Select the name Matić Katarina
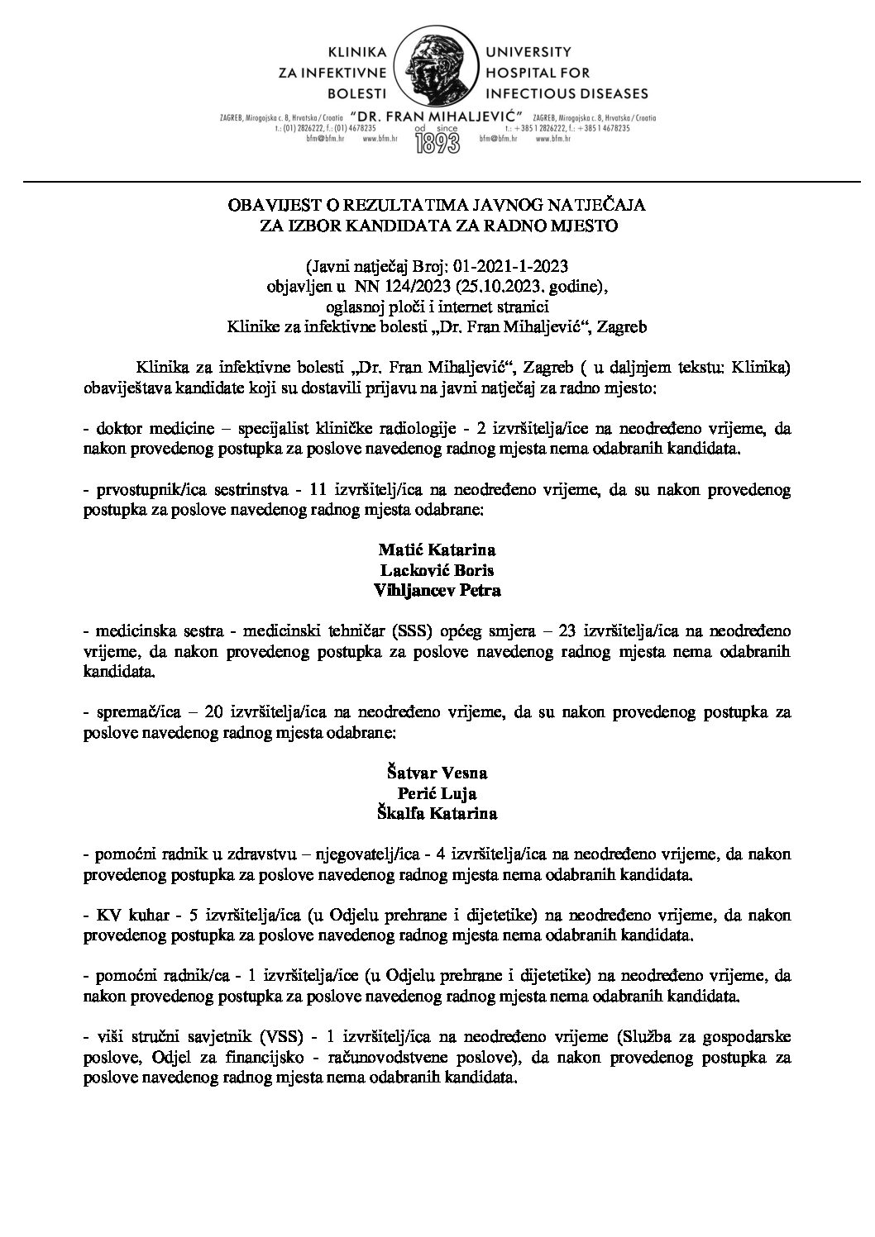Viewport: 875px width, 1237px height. pyautogui.click(x=437, y=550)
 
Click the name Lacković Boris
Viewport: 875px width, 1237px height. pyautogui.click(x=437, y=570)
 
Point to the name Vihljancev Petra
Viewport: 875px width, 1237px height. pyautogui.click(x=437, y=591)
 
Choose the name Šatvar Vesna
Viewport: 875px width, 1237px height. pyautogui.click(x=437, y=773)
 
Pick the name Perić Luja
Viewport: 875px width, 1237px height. pyautogui.click(x=437, y=793)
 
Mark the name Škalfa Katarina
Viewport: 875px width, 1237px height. pyautogui.click(x=437, y=813)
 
